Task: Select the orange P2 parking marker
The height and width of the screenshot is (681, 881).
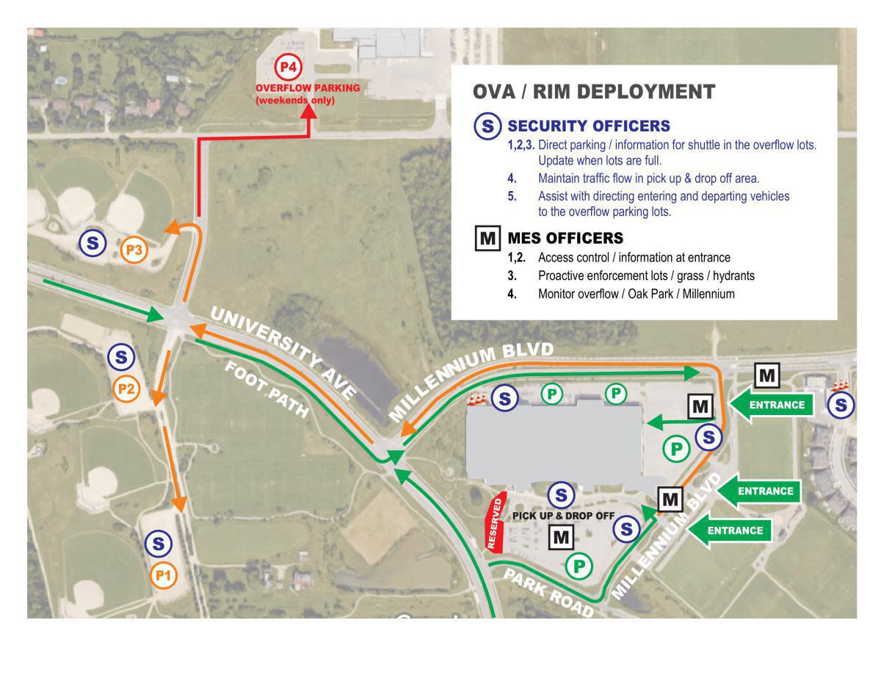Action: tap(126, 388)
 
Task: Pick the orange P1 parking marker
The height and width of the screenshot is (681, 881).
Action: tap(163, 576)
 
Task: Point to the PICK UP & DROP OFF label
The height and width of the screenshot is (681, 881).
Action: tap(563, 516)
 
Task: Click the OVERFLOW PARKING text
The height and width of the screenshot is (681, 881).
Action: tap(308, 88)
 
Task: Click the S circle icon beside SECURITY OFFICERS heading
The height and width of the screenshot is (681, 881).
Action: tap(487, 126)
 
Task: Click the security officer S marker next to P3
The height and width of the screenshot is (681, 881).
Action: tap(93, 242)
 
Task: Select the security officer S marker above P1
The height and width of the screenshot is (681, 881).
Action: tap(159, 544)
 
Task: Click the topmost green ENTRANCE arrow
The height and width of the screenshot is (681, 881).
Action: tap(771, 405)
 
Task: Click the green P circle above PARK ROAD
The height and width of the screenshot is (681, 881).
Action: tap(579, 566)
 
